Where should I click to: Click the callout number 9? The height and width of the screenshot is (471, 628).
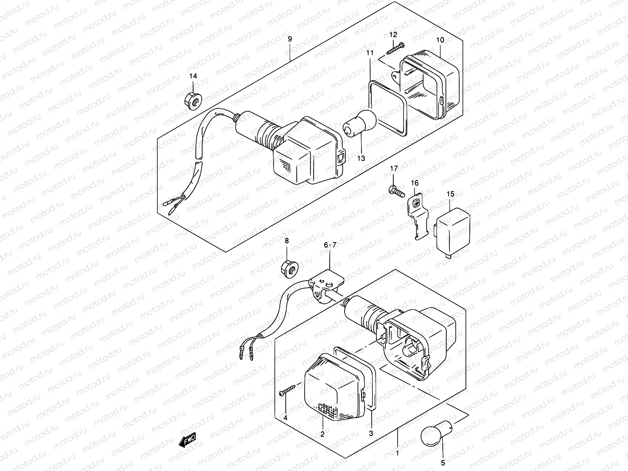[x=290, y=39]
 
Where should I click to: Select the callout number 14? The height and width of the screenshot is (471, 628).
[x=193, y=76]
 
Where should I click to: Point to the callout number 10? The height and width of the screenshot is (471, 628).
[x=440, y=40]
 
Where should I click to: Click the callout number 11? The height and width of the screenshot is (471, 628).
[x=370, y=53]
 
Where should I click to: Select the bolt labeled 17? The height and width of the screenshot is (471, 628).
[x=396, y=191]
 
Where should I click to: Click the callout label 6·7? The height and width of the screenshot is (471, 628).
[x=330, y=246]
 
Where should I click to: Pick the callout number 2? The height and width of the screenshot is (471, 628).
[x=322, y=434]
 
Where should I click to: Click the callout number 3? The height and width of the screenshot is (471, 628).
[x=371, y=434]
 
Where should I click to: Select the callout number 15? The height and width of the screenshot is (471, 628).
[x=450, y=194]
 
